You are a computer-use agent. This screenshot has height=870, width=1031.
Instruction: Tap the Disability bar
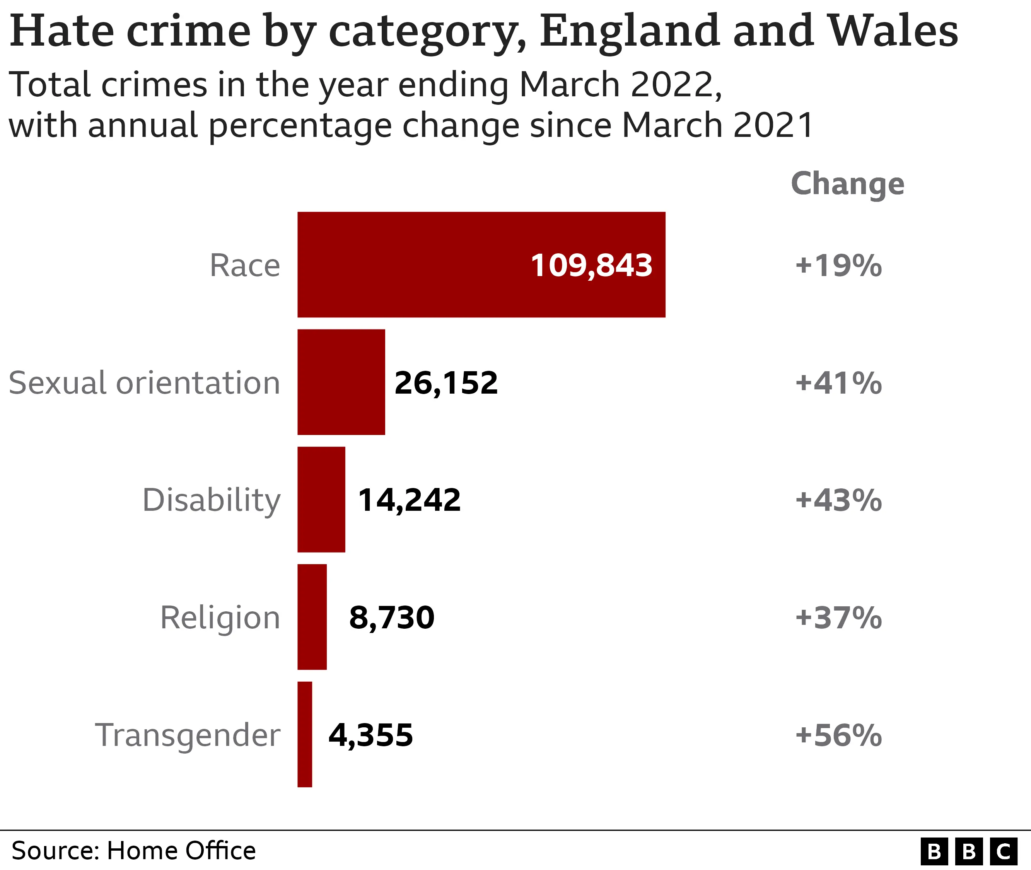pos(321,499)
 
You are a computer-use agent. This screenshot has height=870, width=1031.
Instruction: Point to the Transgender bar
pos(305,734)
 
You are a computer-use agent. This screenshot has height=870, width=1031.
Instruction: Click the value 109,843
pos(591,265)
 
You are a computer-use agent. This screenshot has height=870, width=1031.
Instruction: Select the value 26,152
pos(446,383)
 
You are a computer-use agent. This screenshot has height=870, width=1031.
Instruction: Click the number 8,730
pos(392,618)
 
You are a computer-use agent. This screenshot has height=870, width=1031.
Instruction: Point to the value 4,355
pos(370,735)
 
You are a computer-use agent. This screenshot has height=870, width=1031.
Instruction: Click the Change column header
pos(847,184)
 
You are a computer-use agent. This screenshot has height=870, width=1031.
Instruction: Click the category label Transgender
pos(188,735)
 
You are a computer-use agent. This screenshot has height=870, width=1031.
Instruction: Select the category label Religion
pos(220,618)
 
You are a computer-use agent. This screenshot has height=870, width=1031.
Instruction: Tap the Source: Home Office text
pos(133,850)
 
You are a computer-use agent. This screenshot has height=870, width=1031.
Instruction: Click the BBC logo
pos(968,851)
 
